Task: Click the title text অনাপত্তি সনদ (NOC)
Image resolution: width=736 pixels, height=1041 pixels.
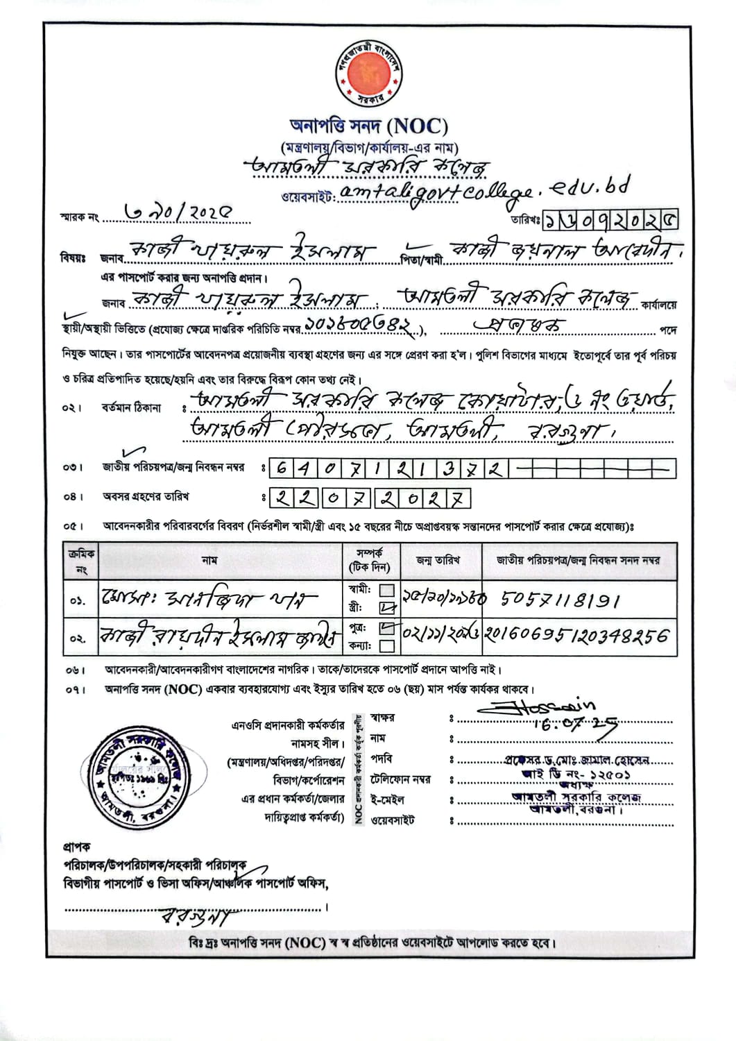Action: pos(368,126)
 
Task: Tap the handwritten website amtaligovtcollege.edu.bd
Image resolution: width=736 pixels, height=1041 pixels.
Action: pos(485,192)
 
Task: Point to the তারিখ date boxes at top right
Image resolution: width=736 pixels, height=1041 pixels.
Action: pos(610,220)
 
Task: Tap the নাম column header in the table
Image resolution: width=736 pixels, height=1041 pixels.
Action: pos(209,560)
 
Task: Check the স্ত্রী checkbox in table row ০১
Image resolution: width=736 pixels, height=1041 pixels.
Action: pos(387,608)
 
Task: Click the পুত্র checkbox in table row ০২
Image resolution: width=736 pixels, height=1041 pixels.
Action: pos(387,628)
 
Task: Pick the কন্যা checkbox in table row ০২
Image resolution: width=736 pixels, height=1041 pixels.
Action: pos(387,645)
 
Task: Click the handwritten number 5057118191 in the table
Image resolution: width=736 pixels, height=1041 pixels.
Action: pos(559,600)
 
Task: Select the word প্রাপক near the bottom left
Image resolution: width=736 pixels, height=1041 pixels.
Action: pos(77,847)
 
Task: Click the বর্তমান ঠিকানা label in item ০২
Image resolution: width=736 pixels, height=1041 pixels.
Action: pos(131,407)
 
